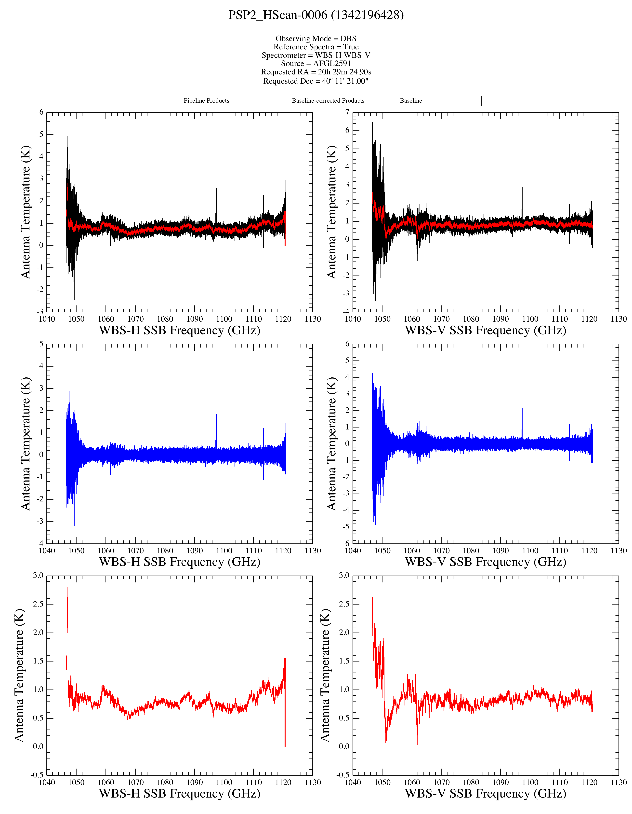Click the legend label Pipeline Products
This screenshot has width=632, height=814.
pos(206,101)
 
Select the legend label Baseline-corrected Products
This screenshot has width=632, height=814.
pos(328,101)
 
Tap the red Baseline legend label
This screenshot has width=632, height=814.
pos(411,101)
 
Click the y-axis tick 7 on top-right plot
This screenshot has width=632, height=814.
pos(347,112)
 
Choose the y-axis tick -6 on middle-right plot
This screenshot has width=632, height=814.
pos(346,543)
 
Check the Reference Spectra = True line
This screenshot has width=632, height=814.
pos(316,47)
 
